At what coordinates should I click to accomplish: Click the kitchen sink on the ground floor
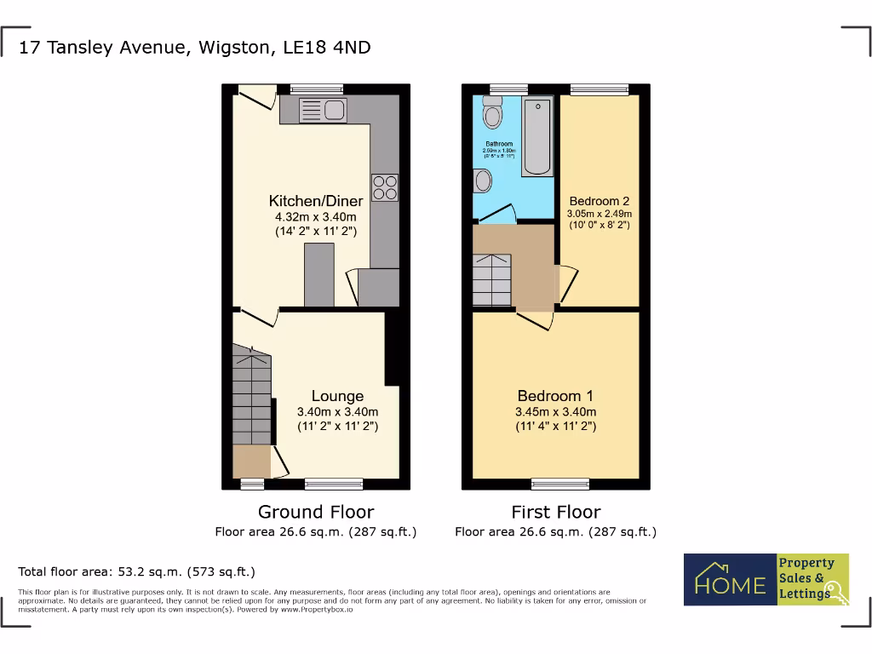click(x=321, y=109)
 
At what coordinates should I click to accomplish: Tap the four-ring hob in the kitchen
click(x=384, y=187)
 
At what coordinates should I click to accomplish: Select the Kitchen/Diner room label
click(x=316, y=202)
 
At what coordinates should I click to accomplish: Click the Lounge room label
click(x=337, y=396)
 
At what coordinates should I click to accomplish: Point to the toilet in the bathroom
click(x=491, y=112)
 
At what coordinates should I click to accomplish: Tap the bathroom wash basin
click(x=482, y=181)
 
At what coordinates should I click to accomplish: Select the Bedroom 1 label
click(x=555, y=396)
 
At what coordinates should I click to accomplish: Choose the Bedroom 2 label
click(x=599, y=202)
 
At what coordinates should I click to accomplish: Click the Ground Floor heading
click(x=316, y=512)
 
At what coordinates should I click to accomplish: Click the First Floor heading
click(x=555, y=512)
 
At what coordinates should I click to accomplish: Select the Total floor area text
click(x=136, y=571)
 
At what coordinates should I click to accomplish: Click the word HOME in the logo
click(x=730, y=585)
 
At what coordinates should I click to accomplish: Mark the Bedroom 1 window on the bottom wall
click(x=555, y=485)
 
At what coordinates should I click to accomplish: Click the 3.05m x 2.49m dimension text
click(x=600, y=214)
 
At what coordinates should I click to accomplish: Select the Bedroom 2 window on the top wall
click(x=599, y=89)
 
